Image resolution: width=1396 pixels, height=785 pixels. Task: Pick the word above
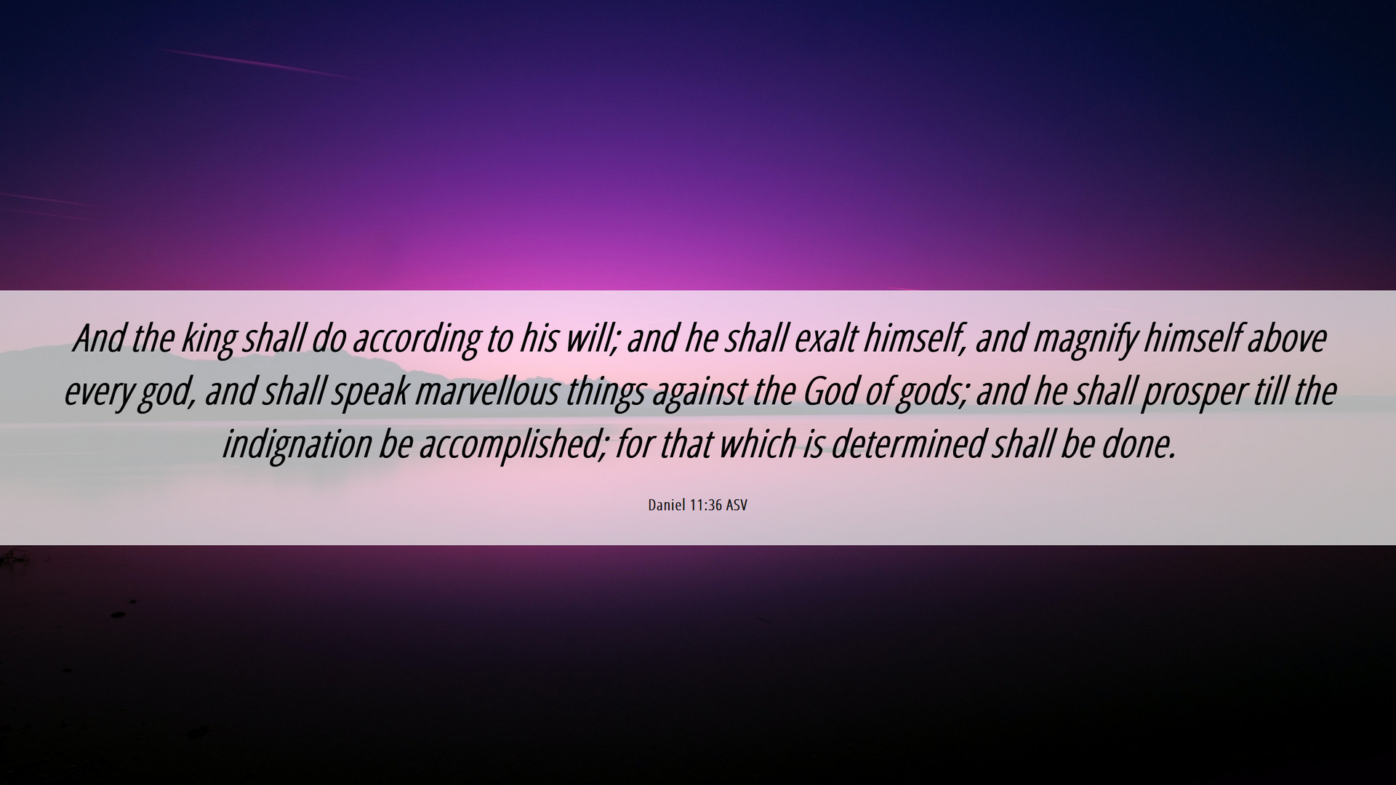(1287, 338)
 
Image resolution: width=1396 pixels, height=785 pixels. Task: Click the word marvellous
(487, 392)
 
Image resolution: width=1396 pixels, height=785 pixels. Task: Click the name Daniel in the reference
(666, 505)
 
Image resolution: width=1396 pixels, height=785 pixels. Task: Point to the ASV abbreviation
(736, 505)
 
